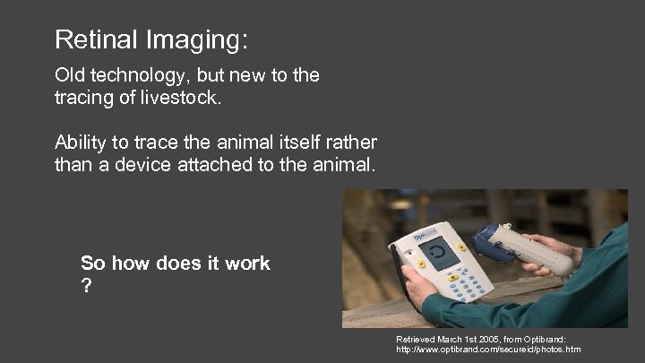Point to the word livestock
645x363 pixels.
[176, 97]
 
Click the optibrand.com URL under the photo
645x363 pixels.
[488, 350]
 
